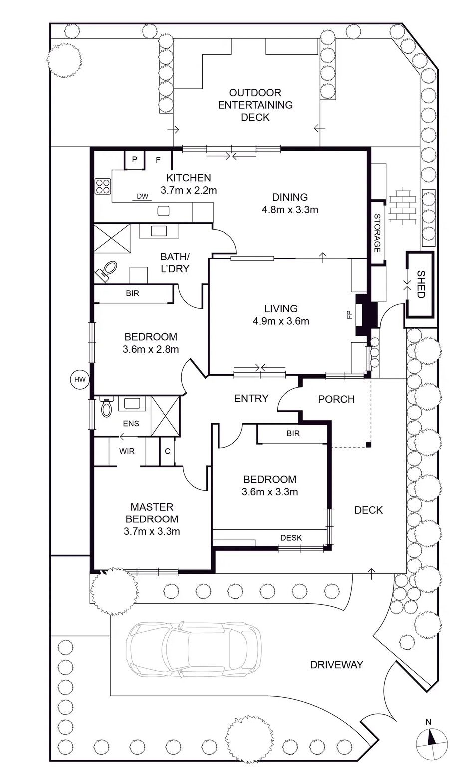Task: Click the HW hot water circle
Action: tap(80, 379)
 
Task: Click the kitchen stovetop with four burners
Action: tap(103, 185)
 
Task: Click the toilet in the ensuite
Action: tap(107, 407)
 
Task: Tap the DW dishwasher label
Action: tap(142, 196)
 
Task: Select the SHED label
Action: tap(421, 284)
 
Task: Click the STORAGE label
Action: tap(377, 233)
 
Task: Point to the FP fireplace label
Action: tap(349, 314)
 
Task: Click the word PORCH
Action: tap(336, 399)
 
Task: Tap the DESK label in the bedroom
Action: tap(291, 537)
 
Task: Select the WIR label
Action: tap(127, 451)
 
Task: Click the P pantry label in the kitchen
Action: tap(135, 159)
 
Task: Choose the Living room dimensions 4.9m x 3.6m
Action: tap(281, 321)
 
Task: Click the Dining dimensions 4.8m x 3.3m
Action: tap(290, 210)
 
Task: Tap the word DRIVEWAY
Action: tap(336, 665)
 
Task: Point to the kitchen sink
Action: tap(163, 211)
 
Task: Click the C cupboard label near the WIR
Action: tap(168, 451)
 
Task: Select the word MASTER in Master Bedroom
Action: tap(152, 507)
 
